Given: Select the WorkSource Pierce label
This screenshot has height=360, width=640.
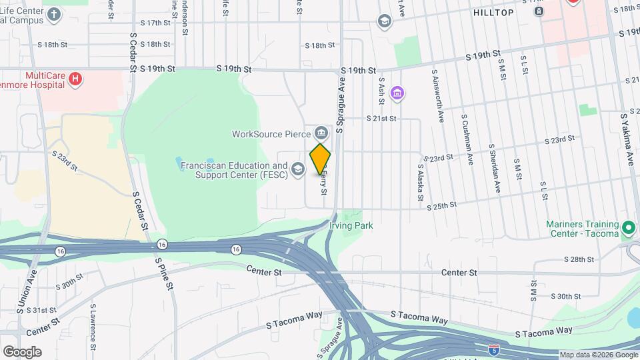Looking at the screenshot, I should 272,133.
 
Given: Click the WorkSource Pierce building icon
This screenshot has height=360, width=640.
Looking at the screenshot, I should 323,133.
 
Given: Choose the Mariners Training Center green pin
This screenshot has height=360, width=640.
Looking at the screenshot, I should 628,229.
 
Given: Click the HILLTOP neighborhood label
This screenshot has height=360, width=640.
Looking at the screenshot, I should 493,13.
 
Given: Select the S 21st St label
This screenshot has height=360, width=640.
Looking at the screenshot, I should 381,118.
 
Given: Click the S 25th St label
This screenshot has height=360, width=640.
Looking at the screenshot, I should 441,206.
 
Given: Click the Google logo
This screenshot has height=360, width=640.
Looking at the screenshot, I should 22,351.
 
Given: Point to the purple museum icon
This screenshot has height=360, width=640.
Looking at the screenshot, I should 398,92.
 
